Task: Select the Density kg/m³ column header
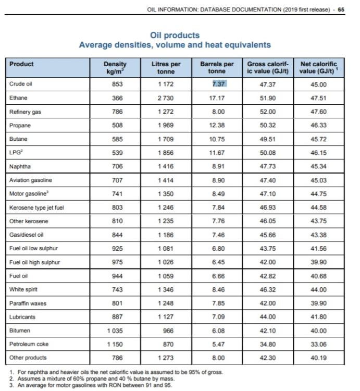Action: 115,68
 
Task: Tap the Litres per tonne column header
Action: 166,68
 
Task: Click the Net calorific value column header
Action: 320,68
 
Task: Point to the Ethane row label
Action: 18,97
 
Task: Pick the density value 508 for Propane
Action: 117,125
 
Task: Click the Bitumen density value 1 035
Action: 115,331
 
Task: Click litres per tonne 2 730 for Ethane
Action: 166,98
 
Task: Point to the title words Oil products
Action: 175,35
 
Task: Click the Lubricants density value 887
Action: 117,317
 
